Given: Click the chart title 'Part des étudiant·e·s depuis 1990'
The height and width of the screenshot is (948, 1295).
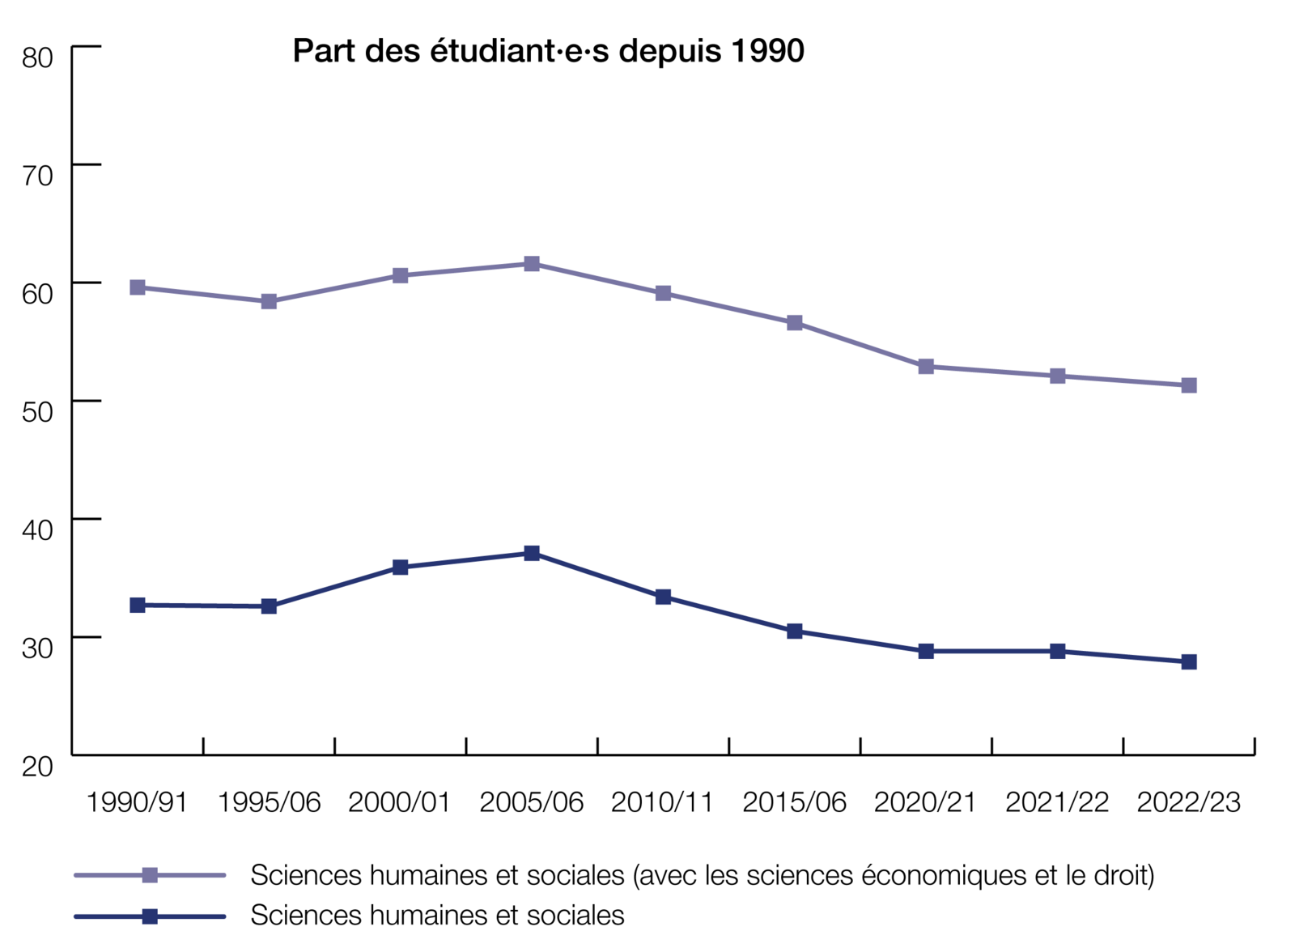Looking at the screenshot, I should (x=548, y=51).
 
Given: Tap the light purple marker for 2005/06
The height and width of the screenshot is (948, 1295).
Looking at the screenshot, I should (x=532, y=264).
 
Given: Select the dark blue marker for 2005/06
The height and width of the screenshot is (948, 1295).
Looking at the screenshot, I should (x=532, y=554).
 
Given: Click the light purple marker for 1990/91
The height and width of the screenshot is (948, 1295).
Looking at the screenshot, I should (x=138, y=287).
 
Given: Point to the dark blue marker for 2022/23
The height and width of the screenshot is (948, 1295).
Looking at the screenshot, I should (x=1189, y=662).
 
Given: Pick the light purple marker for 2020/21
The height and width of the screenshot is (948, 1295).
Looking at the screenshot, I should (x=926, y=367).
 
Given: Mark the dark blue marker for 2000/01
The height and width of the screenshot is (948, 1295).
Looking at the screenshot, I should (x=400, y=568).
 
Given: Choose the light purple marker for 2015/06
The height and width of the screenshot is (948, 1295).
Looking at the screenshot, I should (x=795, y=323).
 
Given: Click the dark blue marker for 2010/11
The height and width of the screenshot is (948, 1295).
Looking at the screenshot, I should (x=663, y=597).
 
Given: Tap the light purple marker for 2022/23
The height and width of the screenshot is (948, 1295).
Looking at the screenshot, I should (x=1189, y=385).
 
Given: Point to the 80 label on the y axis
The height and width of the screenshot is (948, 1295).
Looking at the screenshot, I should (x=37, y=57).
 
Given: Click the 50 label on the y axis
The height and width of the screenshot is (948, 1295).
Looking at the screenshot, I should (x=37, y=411).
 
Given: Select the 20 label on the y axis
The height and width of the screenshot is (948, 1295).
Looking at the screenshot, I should (x=37, y=766).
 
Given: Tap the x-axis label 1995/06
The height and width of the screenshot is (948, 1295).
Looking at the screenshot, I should (x=269, y=802).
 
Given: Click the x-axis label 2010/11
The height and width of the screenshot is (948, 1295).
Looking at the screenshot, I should (x=663, y=802).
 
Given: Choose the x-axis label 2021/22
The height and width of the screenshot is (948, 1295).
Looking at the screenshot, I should (x=1057, y=802).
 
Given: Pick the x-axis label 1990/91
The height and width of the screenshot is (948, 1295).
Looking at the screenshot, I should (x=137, y=802).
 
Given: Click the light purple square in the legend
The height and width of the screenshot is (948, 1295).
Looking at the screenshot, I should (x=150, y=875).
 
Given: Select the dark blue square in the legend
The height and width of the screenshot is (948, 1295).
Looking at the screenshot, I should (x=150, y=916).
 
